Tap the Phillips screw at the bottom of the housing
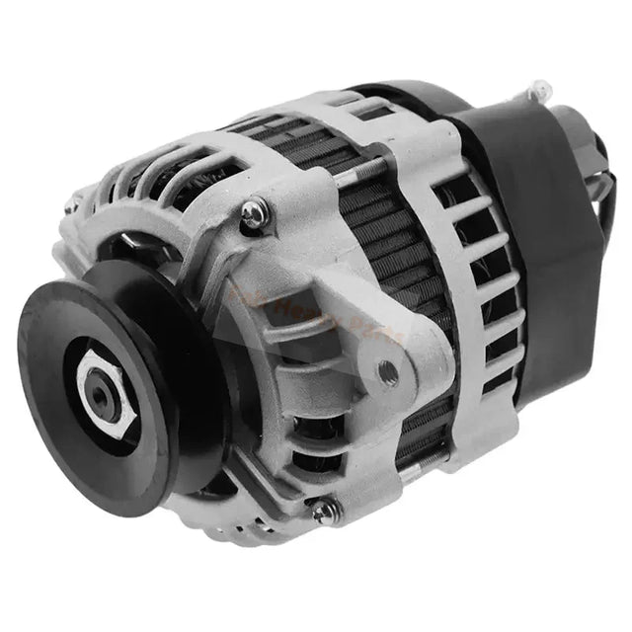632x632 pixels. tap(323, 511)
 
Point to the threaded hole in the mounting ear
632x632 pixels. tap(387, 372)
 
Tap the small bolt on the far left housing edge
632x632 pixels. tap(70, 206)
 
